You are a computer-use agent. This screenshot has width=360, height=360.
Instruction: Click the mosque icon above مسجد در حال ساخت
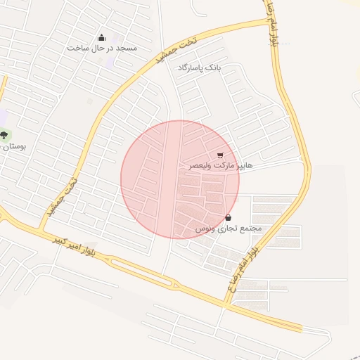click(102, 38)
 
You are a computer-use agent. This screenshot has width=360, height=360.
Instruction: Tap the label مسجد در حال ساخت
click(103, 48)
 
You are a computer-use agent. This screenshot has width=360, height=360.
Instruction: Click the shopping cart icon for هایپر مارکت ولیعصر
click(220, 155)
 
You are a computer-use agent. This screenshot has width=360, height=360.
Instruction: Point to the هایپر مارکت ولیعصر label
click(220, 165)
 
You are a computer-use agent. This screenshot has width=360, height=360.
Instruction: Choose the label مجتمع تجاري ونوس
click(228, 229)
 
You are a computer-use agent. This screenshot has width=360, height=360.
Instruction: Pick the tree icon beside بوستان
click(4, 135)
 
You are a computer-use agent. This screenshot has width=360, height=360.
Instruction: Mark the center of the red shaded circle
click(180, 179)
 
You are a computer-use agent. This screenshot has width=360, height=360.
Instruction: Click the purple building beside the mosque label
click(111, 56)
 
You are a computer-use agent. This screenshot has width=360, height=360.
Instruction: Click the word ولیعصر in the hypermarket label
click(202, 165)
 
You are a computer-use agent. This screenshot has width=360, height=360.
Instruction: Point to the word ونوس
click(205, 229)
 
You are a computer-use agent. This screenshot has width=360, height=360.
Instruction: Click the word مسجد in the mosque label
click(127, 48)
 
